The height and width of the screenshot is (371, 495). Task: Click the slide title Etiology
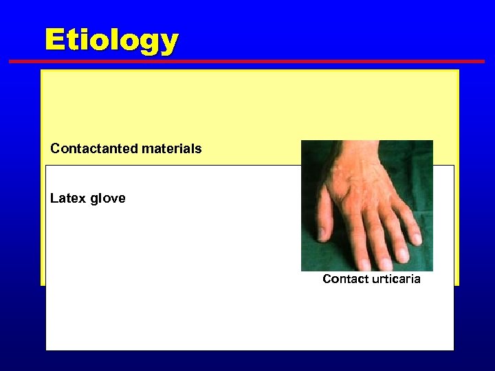tap(111, 41)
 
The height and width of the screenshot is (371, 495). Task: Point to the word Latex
tap(67, 199)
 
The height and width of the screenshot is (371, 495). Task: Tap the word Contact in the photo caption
tap(345, 279)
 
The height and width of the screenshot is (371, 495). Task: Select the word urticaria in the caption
tap(396, 279)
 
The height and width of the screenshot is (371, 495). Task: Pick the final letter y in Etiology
tap(169, 44)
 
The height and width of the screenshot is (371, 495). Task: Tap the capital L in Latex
tap(54, 199)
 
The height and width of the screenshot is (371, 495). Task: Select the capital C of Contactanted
tap(55, 148)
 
